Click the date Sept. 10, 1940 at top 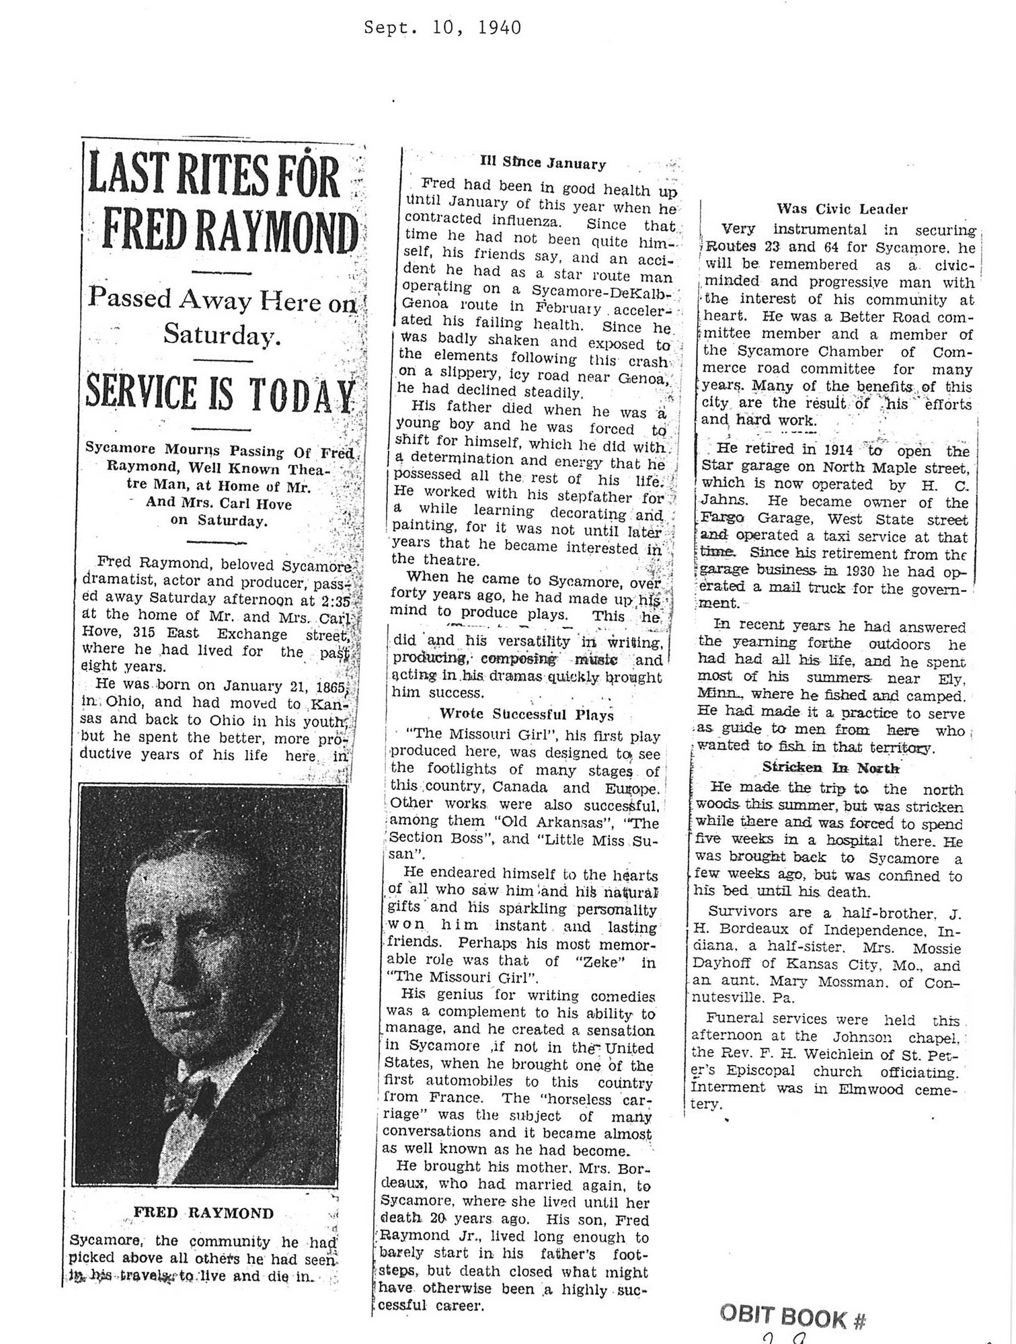[442, 28]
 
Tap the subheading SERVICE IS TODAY [221, 394]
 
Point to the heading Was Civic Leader [841, 209]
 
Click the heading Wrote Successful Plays [526, 714]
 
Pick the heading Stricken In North [830, 767]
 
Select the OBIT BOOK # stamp [792, 1316]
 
